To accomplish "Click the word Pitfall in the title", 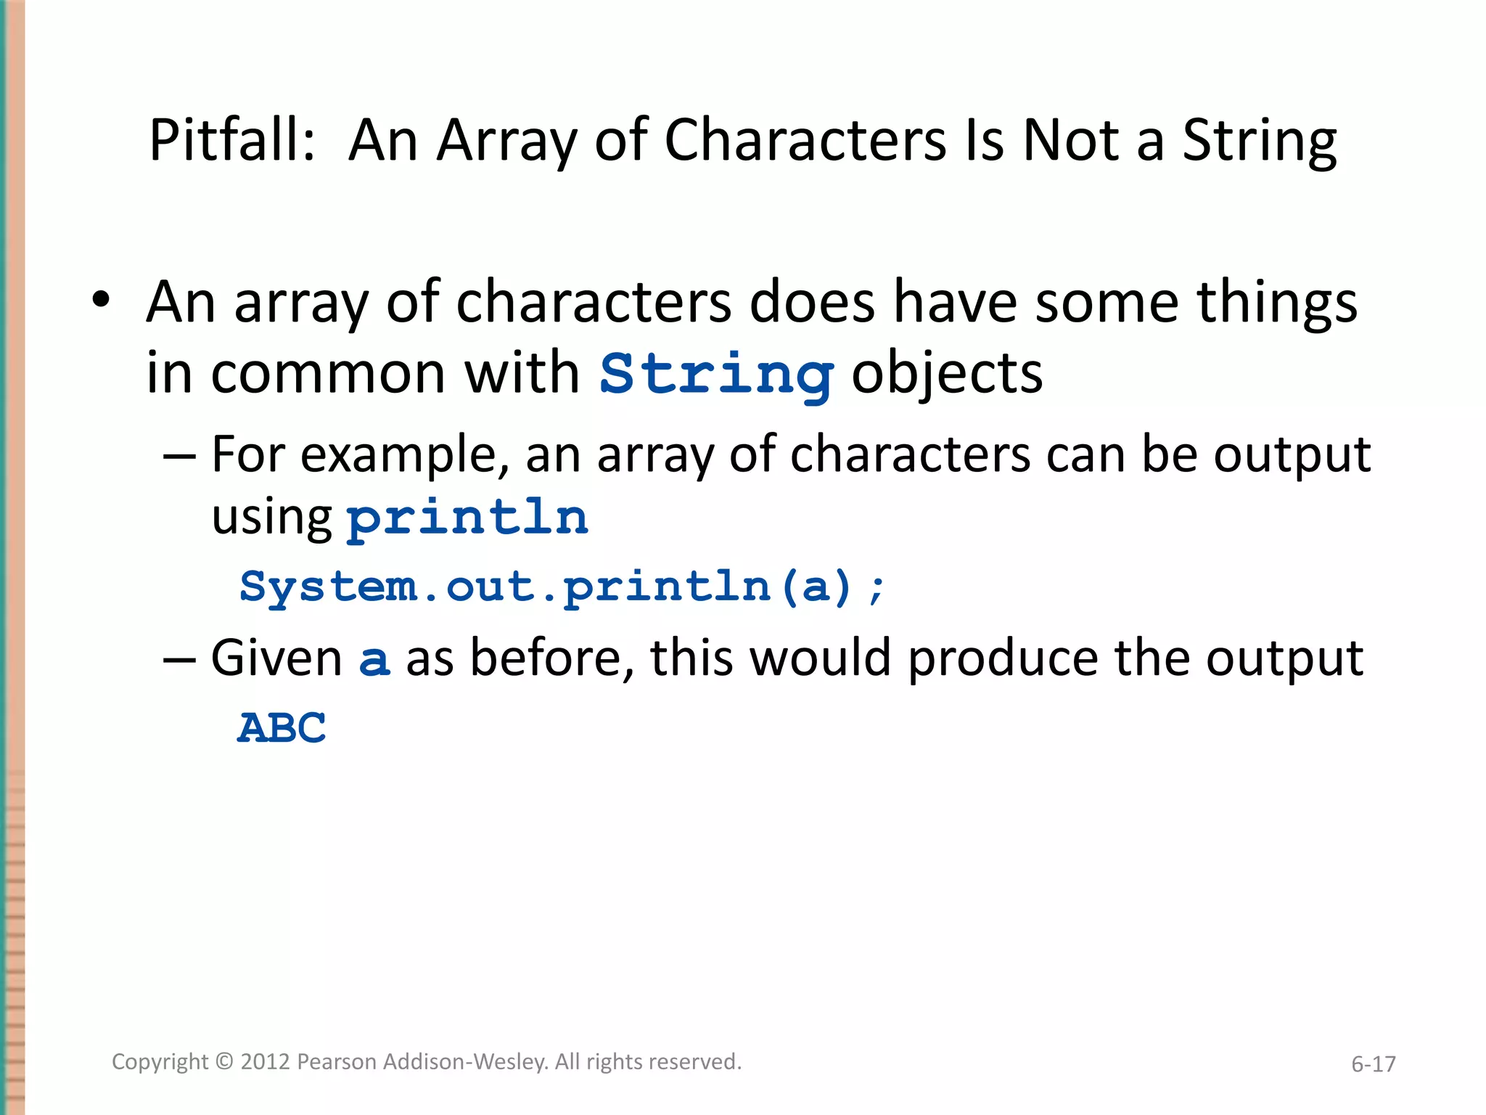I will pyautogui.click(x=231, y=140).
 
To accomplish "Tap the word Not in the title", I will pyautogui.click(x=1071, y=140).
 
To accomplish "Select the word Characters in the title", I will pyautogui.click(x=805, y=140).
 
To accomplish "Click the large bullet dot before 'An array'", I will pyautogui.click(x=101, y=299).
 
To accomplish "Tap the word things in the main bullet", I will pyautogui.click(x=1276, y=302).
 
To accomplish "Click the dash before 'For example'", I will pyautogui.click(x=179, y=456).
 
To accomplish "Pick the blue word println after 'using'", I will pyautogui.click(x=468, y=518).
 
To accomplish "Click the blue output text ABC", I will pyautogui.click(x=282, y=727).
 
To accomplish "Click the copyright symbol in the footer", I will pyautogui.click(x=225, y=1062).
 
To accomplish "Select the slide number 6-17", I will pyautogui.click(x=1373, y=1064).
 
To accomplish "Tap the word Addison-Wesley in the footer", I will pyautogui.click(x=465, y=1062).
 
